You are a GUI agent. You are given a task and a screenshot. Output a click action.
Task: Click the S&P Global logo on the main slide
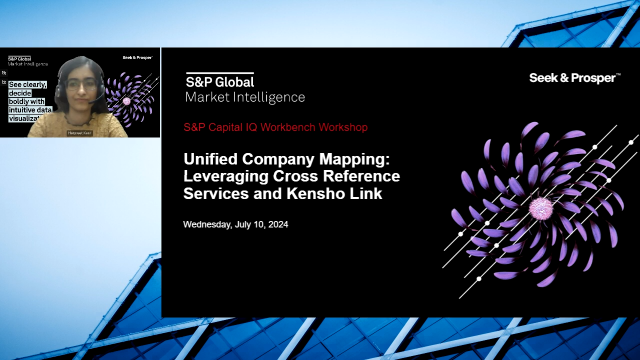coord(220,80)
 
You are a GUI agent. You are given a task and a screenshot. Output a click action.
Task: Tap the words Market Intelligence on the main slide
coord(245,97)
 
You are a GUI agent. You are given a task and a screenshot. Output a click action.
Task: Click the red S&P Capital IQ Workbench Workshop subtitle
coord(275,128)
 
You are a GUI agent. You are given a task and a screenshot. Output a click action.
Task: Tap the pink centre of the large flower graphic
coord(541,208)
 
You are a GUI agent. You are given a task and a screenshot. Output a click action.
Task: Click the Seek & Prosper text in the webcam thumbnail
coord(135,59)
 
